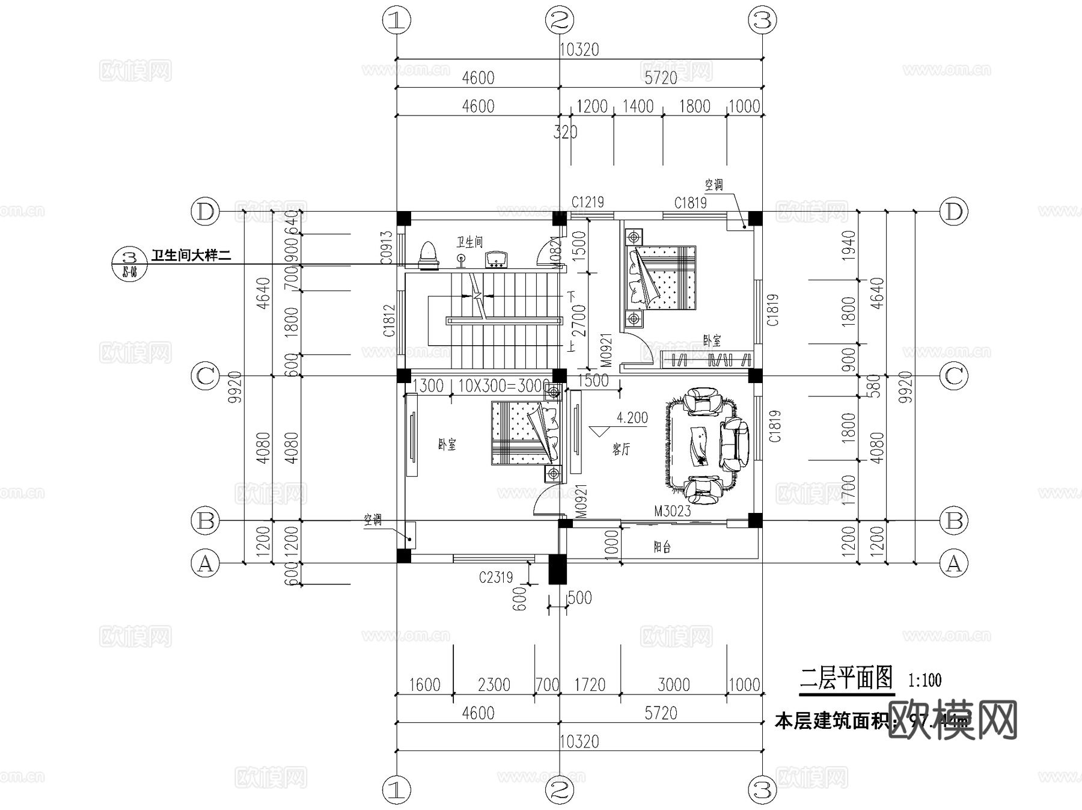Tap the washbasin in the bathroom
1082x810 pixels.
497,259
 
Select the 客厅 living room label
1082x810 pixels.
622,449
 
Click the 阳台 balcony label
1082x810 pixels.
662,547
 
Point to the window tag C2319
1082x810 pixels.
496,578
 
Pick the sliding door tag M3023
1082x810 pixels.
672,511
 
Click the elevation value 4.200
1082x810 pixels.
632,418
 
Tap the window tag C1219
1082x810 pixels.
587,202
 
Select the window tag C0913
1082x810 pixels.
387,247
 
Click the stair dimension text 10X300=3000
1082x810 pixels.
504,386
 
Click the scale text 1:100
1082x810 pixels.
925,680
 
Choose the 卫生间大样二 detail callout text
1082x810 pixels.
191,256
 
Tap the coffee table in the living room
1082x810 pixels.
699,446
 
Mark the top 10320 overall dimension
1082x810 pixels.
579,49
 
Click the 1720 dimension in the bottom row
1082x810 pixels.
589,684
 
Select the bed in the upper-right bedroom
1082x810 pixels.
661,277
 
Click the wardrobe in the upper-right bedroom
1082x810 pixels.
707,360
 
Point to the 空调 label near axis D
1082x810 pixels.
714,185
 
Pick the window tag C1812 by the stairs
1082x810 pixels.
389,321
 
